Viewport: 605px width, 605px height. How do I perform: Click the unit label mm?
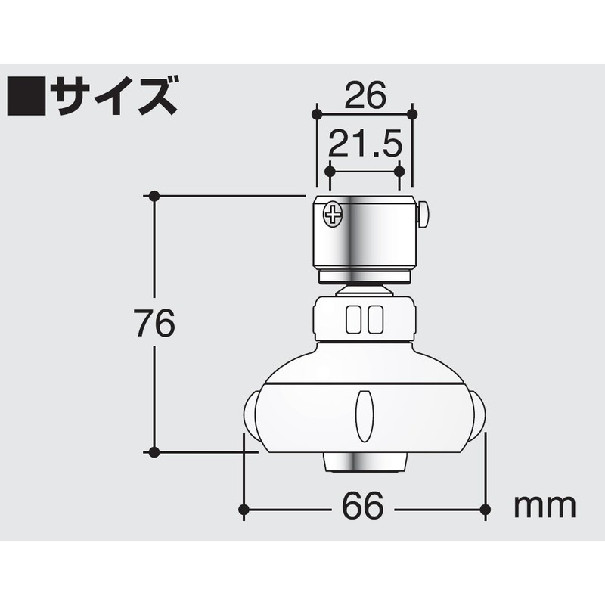tap(545, 504)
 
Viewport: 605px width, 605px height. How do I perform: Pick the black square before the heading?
tap(26, 95)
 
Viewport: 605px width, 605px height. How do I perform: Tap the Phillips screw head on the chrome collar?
tap(334, 215)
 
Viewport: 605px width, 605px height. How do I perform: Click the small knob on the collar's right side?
tap(423, 214)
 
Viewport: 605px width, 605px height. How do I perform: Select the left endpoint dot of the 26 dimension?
tap(317, 114)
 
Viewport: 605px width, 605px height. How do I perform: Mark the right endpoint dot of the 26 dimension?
tap(411, 114)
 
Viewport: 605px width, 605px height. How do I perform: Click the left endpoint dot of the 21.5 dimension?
tap(329, 172)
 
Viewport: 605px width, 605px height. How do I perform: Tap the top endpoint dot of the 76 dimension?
tap(154, 196)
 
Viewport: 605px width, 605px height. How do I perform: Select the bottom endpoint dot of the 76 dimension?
tap(154, 452)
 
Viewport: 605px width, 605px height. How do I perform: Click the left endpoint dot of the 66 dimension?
tap(244, 509)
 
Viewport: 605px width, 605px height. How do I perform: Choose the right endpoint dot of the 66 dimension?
tap(484, 509)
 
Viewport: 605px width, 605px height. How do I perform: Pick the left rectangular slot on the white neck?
tap(353, 318)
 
